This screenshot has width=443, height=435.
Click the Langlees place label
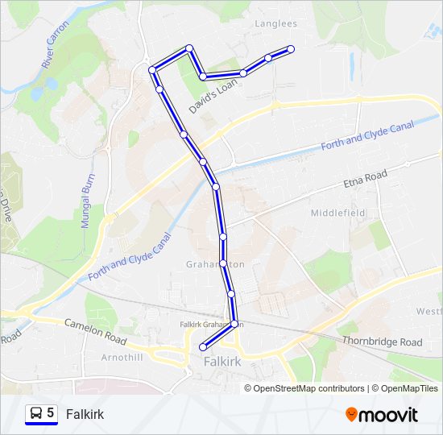(276, 24)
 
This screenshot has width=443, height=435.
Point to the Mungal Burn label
(89, 201)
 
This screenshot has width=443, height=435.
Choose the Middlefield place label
(338, 213)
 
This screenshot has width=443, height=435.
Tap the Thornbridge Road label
(382, 342)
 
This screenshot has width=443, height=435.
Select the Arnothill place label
(122, 356)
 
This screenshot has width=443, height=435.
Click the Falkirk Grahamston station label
(206, 325)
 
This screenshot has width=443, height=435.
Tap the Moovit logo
(382, 415)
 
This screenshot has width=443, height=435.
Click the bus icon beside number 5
(36, 414)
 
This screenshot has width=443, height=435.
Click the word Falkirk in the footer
(85, 414)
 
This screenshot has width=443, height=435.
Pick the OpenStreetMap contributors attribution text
(304, 388)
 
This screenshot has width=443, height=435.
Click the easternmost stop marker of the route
(291, 49)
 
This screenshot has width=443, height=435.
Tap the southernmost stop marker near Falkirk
(203, 346)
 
